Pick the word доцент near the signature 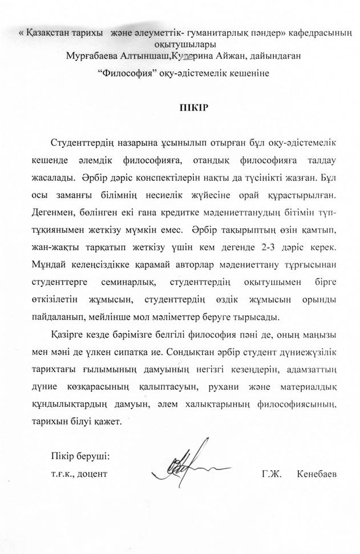pyautogui.click(x=92, y=474)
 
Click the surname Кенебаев pyautogui.click(x=317, y=474)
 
